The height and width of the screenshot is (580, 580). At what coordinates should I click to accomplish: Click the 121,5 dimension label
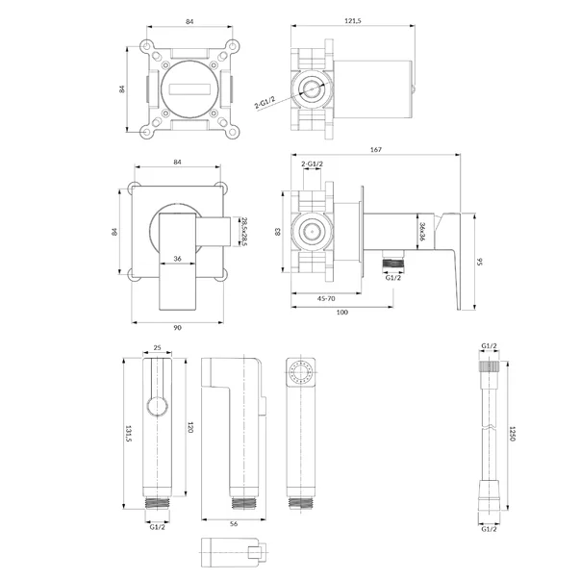[x=352, y=21]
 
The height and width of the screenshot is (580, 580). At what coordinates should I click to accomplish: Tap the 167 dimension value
[x=376, y=149]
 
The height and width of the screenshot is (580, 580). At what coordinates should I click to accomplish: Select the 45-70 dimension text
[x=326, y=298]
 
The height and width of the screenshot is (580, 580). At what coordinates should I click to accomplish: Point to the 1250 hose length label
[x=513, y=434]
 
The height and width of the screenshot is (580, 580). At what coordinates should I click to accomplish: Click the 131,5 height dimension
[x=129, y=433]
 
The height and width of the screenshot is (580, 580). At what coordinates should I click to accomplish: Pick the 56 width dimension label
[x=234, y=524]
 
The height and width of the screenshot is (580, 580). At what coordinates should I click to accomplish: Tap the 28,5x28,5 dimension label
[x=244, y=232]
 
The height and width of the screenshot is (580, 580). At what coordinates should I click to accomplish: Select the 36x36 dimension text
[x=422, y=232]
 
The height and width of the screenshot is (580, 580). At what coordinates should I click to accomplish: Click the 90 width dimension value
[x=178, y=328]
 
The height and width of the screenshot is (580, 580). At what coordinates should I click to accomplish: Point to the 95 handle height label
[x=480, y=262]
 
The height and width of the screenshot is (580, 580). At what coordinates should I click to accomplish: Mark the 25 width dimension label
[x=157, y=347]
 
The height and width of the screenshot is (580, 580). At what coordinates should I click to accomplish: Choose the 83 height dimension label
[x=278, y=232]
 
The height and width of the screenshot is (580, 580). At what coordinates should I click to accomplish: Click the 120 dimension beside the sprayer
[x=190, y=427]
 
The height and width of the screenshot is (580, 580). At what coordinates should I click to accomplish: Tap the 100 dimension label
[x=342, y=313]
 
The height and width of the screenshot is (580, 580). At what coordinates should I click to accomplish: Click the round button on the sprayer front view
[x=157, y=407]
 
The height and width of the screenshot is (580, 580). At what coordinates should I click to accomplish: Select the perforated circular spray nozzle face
[x=300, y=371]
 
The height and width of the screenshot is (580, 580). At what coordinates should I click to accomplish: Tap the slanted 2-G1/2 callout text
[x=265, y=102]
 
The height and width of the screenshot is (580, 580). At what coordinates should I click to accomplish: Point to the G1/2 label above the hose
[x=489, y=346]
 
